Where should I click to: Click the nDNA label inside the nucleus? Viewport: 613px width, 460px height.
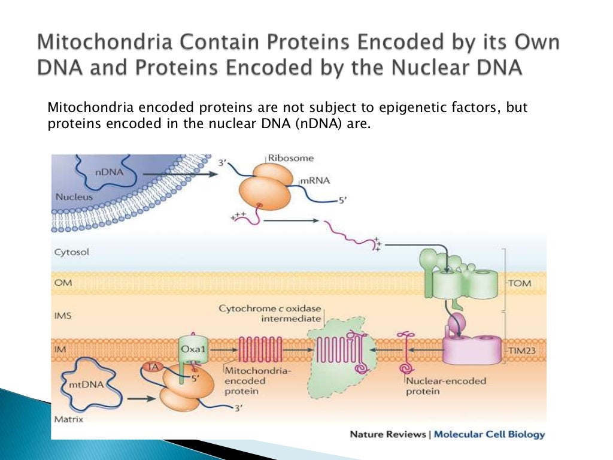point(107,172)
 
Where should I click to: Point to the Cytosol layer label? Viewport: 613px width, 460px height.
point(72,252)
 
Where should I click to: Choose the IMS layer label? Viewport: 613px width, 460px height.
point(63,314)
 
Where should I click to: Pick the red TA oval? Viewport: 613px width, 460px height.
point(153,367)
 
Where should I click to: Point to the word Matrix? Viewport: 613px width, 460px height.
point(68,419)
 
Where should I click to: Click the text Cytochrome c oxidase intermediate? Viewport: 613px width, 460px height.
point(270,314)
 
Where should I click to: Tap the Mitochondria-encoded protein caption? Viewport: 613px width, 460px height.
point(257,381)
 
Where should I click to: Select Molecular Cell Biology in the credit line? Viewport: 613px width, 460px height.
point(489,434)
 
